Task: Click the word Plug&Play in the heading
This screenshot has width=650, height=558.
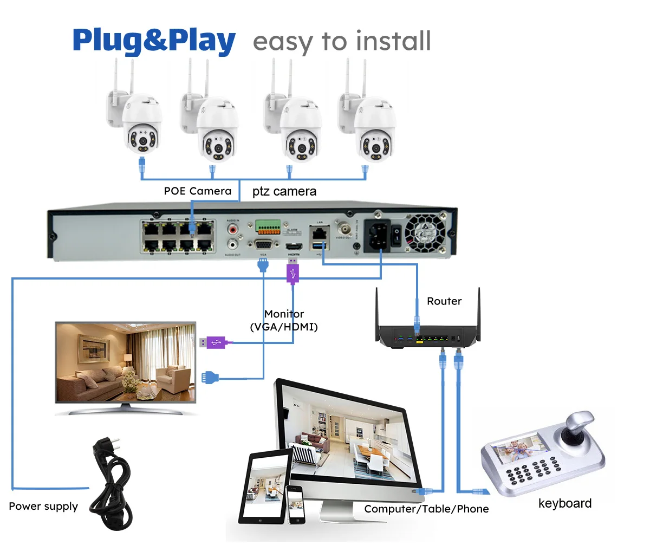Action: pos(154,41)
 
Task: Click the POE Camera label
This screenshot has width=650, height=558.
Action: pos(198,191)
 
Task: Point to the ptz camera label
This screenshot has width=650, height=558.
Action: pos(284,192)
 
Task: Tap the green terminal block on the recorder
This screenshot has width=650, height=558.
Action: pos(268,226)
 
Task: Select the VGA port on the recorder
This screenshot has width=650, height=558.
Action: pos(263,245)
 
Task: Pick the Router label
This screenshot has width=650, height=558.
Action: pos(444,301)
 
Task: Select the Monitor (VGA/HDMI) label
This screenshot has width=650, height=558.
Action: pos(284,320)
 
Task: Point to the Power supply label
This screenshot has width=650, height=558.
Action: pos(43,507)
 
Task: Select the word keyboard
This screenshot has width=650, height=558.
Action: pos(564,504)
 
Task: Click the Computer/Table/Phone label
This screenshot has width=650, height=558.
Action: pos(426,509)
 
